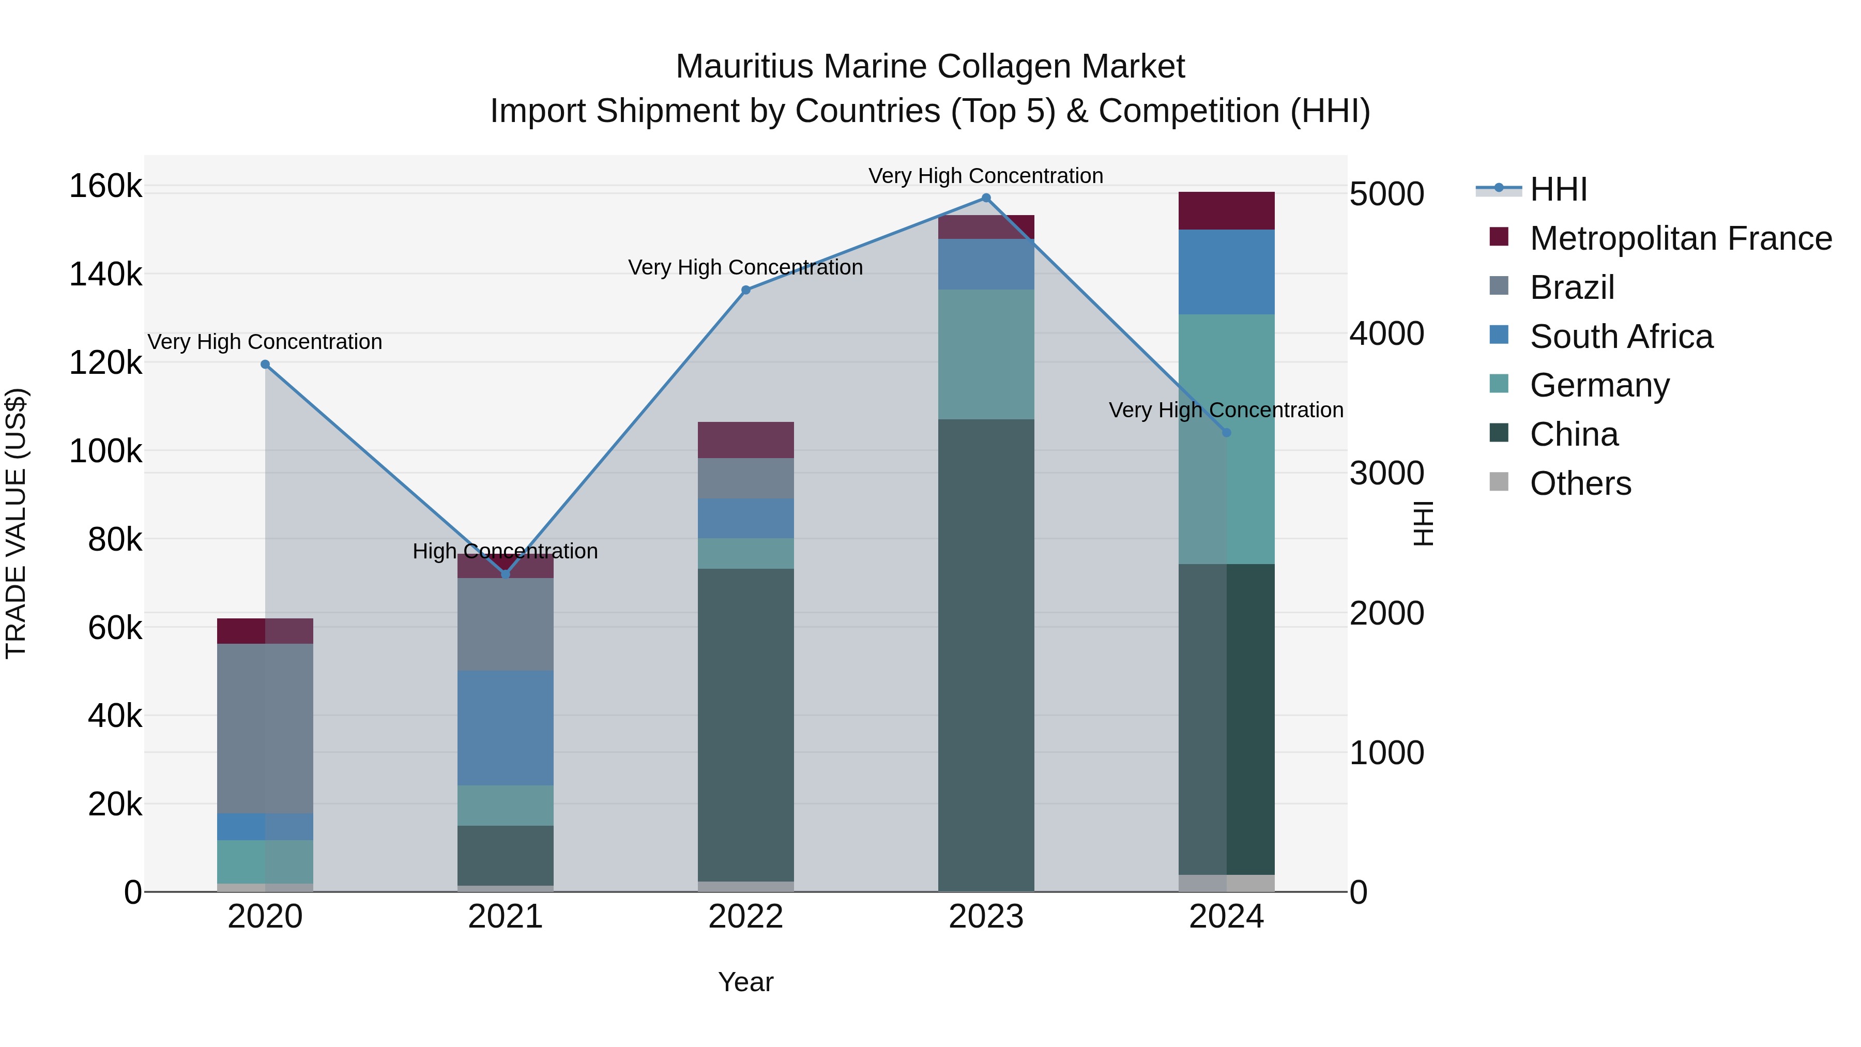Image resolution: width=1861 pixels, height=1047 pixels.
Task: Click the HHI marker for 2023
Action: tap(986, 198)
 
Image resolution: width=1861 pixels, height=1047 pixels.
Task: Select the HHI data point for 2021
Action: tap(506, 574)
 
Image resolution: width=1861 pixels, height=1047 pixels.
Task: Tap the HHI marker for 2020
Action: tap(265, 364)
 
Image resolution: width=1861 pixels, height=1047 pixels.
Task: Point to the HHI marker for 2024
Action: tap(1227, 433)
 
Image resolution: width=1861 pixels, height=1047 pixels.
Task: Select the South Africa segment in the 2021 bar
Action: tap(506, 727)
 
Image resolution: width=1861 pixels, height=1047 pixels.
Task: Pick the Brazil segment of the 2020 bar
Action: tap(265, 729)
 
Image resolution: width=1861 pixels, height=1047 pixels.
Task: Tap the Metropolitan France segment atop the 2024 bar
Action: tap(1227, 211)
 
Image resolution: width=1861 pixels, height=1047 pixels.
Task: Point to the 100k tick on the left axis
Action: tap(105, 451)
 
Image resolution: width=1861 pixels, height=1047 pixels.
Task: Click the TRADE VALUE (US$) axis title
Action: tap(16, 523)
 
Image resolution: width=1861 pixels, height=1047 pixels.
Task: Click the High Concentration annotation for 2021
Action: tap(506, 551)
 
